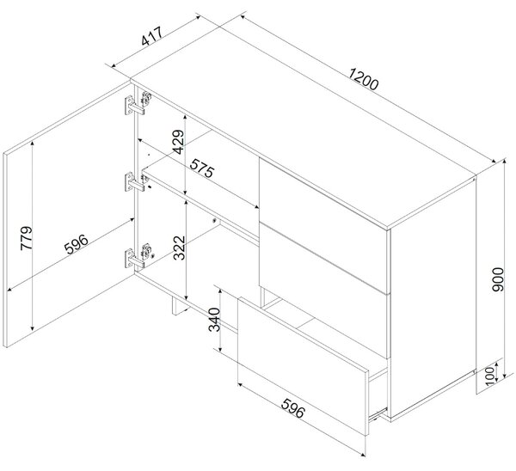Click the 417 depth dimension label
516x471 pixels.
[151, 36]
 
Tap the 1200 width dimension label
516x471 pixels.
[363, 79]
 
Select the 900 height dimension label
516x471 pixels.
[498, 279]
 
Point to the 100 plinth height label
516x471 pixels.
[490, 375]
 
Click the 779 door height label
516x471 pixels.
[27, 238]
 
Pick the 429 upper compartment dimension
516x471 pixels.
[179, 142]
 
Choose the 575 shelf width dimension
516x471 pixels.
[202, 168]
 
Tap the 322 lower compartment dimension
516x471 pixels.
[180, 248]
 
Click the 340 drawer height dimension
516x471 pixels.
[214, 320]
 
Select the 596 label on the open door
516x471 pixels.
[76, 244]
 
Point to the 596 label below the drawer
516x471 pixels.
[293, 408]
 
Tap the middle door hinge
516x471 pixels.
[137, 181]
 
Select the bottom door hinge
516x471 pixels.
[138, 255]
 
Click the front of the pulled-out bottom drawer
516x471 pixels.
[302, 366]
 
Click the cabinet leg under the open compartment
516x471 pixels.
[180, 306]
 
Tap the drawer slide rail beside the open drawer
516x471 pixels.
[378, 413]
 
